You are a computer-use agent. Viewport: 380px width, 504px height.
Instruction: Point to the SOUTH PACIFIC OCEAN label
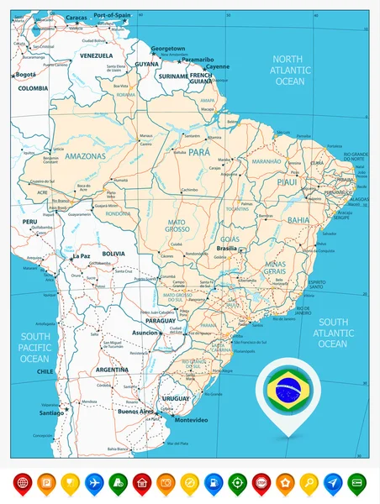(x=35, y=346)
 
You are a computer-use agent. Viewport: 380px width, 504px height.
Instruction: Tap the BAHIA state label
(x=298, y=219)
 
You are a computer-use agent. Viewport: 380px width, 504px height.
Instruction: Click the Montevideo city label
(x=189, y=419)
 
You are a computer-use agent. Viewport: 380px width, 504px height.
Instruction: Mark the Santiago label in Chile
(x=51, y=412)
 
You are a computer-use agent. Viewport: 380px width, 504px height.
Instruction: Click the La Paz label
(x=82, y=255)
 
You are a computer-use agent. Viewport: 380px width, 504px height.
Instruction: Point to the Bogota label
(x=26, y=74)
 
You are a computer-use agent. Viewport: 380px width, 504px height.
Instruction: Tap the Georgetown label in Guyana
(x=162, y=49)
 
